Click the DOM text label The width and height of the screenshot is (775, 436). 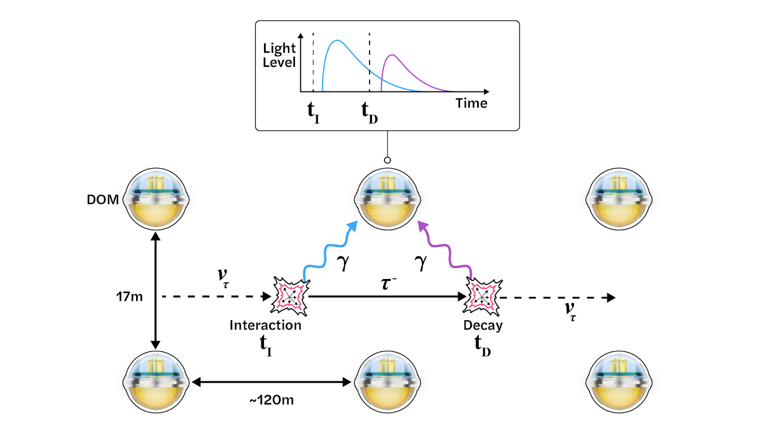103,200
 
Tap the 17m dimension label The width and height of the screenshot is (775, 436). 129,296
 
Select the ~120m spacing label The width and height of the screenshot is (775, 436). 272,400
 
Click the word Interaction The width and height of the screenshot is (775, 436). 265,325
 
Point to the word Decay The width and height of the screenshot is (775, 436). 483,325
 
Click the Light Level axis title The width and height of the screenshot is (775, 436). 279,55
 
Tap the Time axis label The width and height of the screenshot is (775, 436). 471,103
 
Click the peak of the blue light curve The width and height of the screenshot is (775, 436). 338,41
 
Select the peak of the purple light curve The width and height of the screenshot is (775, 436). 392,55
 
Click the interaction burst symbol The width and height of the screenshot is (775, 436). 290,296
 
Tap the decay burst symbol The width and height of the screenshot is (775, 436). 482,296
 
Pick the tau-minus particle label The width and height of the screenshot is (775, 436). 388,283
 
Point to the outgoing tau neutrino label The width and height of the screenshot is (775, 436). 571,310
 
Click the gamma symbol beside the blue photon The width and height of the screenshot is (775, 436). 343,262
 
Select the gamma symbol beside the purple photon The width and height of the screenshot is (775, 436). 420,262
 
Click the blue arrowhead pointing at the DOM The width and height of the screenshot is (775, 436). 353,226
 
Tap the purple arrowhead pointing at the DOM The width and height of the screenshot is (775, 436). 423,226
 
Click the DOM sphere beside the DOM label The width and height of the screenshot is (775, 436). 156,199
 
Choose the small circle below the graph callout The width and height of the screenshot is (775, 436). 387,160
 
